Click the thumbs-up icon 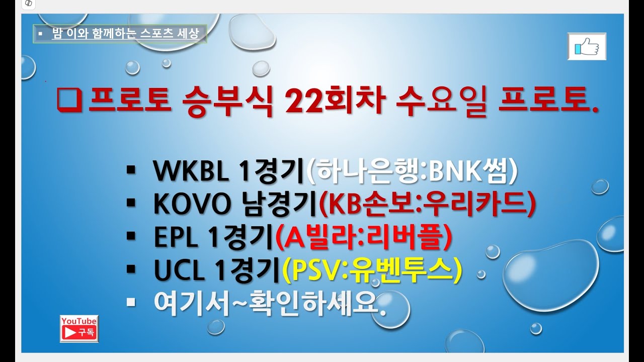click(x=587, y=47)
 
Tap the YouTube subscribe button click(x=79, y=329)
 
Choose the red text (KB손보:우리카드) click(x=428, y=205)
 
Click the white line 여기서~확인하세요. click(x=270, y=304)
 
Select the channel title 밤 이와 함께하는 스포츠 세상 click(x=126, y=34)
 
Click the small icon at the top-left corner click(x=29, y=4)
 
